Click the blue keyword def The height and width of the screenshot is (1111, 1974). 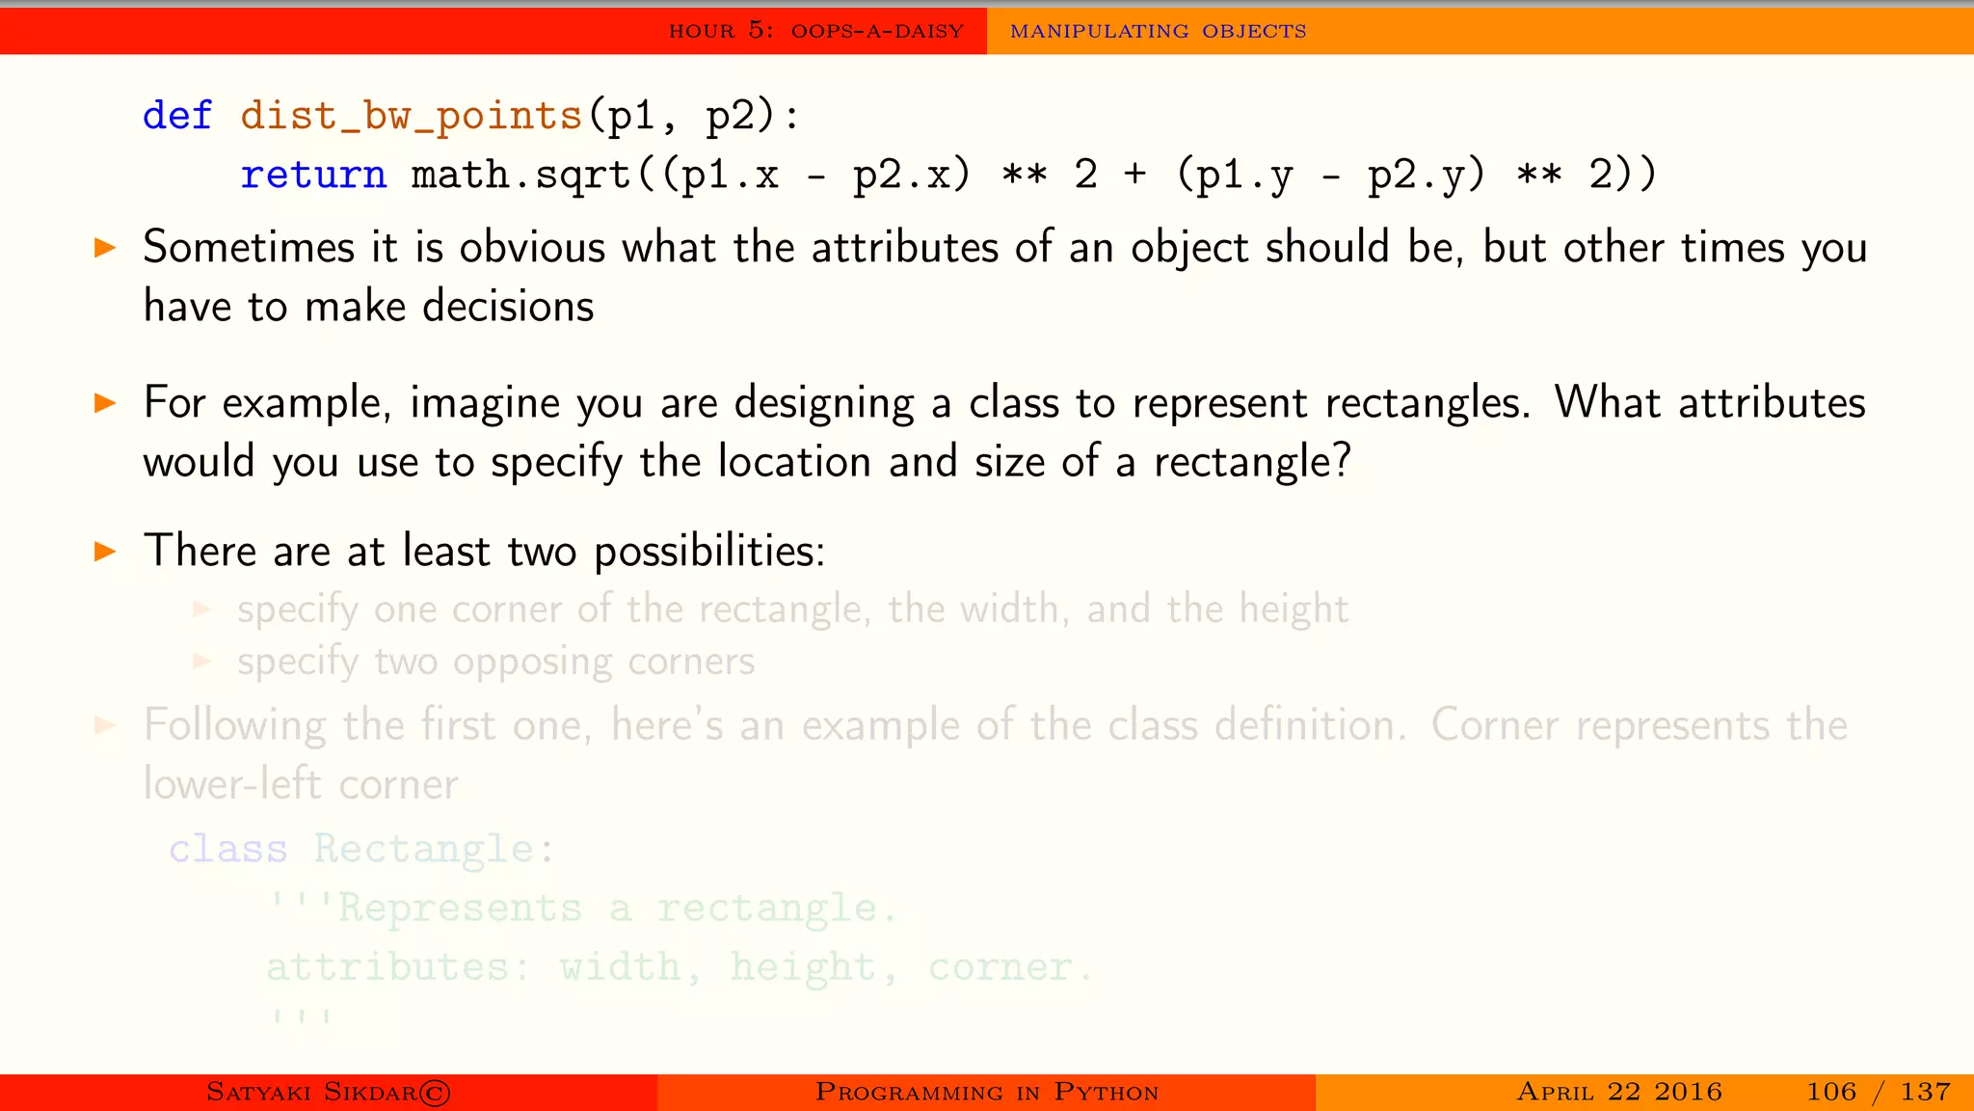[177, 116]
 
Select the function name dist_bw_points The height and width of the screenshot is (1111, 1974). [412, 116]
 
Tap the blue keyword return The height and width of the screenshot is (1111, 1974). [313, 175]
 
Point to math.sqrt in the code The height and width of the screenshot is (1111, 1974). [520, 175]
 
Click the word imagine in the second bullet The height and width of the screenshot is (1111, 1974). [485, 403]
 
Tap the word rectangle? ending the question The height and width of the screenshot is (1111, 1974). [1253, 462]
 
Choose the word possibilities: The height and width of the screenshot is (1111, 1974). [709, 552]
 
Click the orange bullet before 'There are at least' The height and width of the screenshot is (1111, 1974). [105, 552]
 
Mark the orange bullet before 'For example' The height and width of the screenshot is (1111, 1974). [105, 403]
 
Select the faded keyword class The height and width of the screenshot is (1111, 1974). [228, 850]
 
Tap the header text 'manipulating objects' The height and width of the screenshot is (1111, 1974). [1158, 31]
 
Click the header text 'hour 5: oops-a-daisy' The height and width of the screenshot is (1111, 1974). [816, 31]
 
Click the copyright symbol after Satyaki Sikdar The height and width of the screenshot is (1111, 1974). [436, 1093]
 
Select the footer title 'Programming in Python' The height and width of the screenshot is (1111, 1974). [987, 1093]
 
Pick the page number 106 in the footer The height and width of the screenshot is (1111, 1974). [1830, 1092]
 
